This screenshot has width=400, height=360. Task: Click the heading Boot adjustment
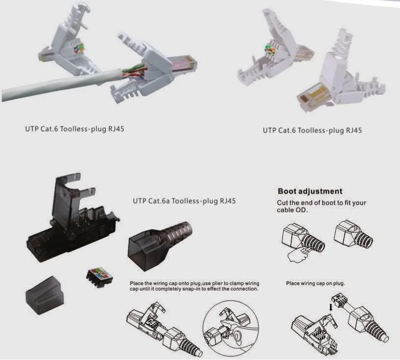pos(310,191)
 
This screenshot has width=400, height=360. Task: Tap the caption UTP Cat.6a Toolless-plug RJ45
pos(184,201)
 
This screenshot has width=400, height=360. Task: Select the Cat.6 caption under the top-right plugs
pos(312,131)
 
